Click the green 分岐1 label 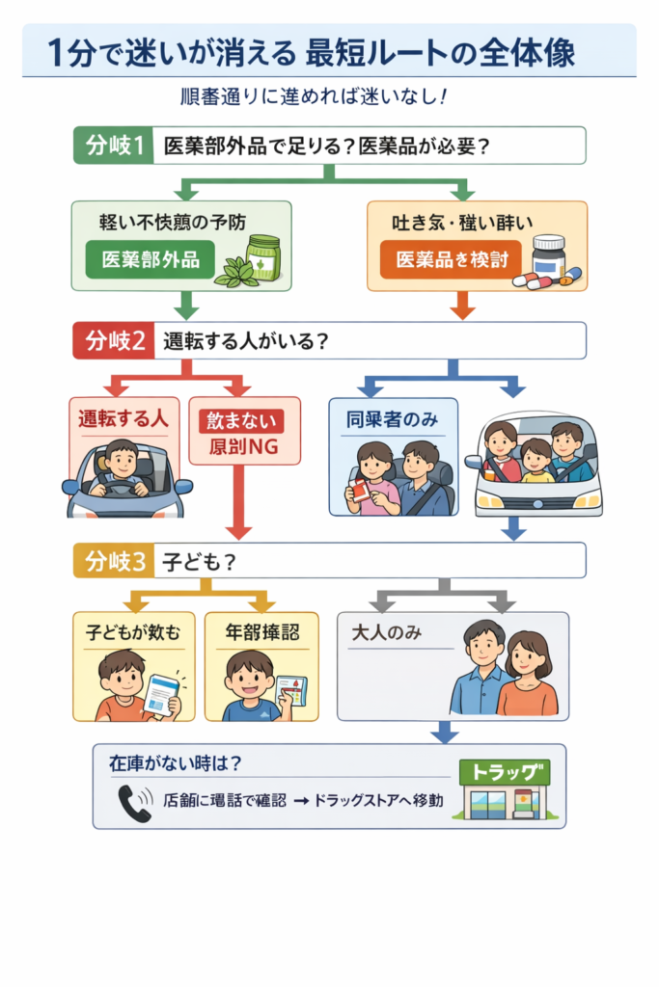point(114,147)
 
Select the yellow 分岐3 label point(114,561)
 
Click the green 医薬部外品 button point(150,258)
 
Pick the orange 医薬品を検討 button point(450,258)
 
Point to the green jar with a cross point(261,258)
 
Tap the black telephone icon point(134,802)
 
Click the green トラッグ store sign point(505,771)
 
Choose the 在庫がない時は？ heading point(175,761)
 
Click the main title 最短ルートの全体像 point(440,53)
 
